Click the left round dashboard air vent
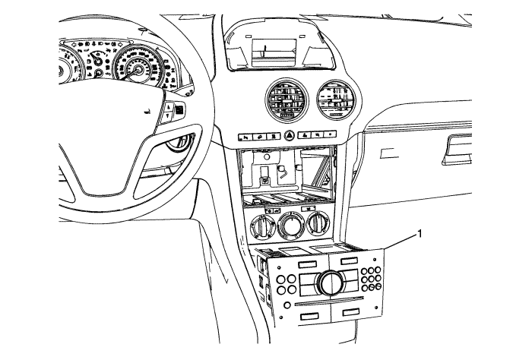point(285,99)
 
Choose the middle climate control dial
point(290,226)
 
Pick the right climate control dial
point(319,226)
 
